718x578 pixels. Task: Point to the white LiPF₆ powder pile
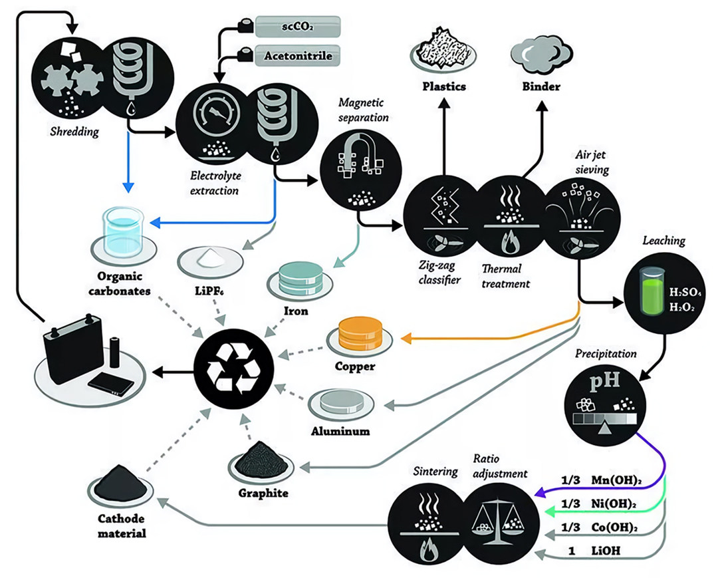(202, 254)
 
